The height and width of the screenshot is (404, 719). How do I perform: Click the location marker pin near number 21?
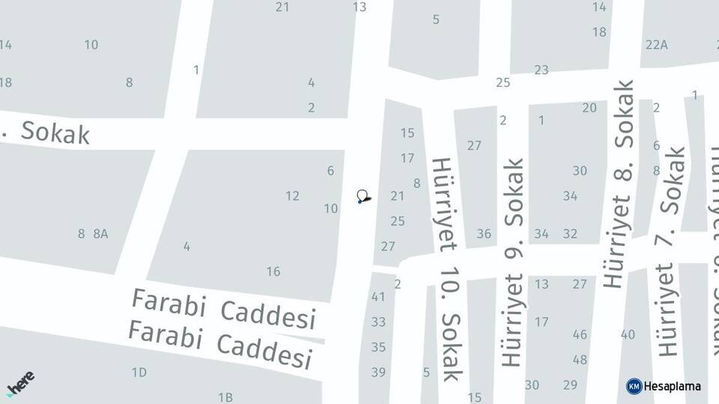(x=362, y=197)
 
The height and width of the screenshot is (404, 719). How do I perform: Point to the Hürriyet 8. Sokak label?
(x=619, y=184)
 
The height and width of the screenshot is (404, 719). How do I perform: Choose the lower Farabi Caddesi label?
(x=219, y=343)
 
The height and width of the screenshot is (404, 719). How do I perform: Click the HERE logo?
(x=20, y=384)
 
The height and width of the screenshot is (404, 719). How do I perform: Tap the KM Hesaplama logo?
(x=664, y=386)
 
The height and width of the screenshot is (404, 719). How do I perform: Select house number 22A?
(x=656, y=44)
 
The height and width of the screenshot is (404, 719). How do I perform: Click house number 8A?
(x=100, y=233)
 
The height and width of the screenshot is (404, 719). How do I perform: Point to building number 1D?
(x=139, y=373)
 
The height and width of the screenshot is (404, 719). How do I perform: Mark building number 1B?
(x=225, y=397)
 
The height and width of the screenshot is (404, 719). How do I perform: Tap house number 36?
(x=484, y=233)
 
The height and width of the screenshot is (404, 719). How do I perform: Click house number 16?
(x=273, y=272)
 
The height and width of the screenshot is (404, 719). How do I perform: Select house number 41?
(x=378, y=297)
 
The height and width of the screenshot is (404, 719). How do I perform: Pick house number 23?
(x=541, y=70)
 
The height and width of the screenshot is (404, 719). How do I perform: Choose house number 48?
(x=580, y=359)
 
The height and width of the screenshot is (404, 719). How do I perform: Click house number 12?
(x=292, y=196)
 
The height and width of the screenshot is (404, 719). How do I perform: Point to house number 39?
(x=378, y=372)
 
